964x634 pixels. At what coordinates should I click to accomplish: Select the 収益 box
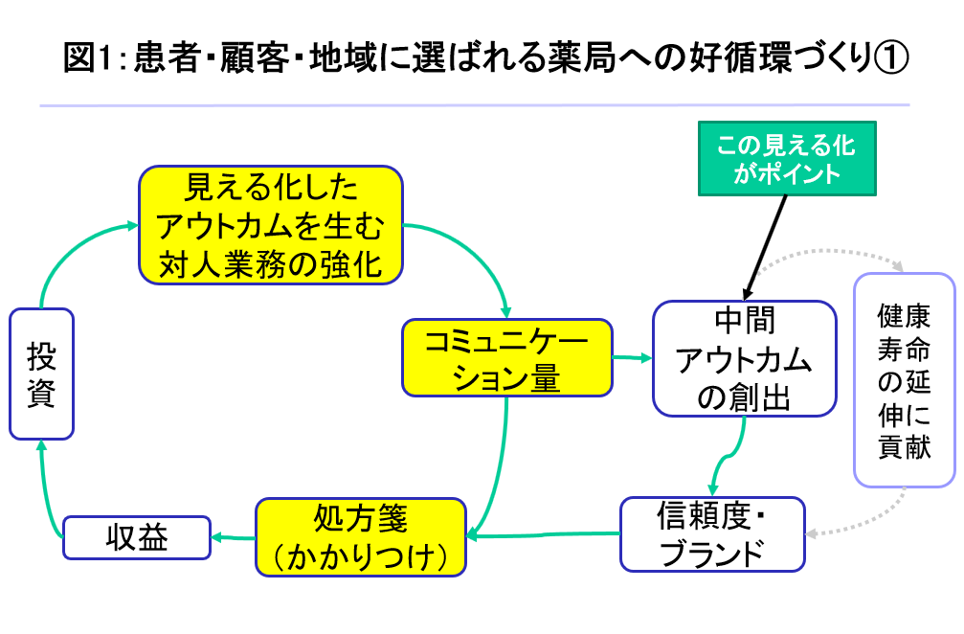[137, 537]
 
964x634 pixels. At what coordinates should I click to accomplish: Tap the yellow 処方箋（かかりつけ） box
[360, 536]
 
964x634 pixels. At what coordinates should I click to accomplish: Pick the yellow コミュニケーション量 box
[505, 357]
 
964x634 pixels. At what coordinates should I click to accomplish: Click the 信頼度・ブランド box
[712, 534]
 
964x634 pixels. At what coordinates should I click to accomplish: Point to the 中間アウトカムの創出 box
[744, 358]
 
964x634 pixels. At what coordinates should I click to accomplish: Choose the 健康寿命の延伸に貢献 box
[904, 380]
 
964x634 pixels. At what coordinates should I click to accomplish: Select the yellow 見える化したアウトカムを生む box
[270, 224]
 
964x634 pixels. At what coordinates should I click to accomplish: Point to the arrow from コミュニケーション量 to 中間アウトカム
[632, 357]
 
